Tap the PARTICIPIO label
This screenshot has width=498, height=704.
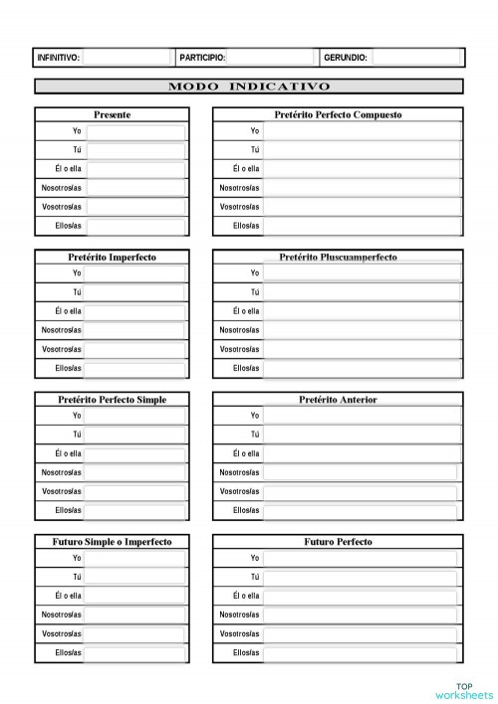[x=202, y=58]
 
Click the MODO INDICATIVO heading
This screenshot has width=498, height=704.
[x=249, y=87]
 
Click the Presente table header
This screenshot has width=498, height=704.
[x=112, y=115]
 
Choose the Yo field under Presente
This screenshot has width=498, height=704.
[x=135, y=131]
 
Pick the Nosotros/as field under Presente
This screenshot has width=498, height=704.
[x=135, y=188]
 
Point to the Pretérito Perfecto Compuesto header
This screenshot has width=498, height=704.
[x=339, y=115]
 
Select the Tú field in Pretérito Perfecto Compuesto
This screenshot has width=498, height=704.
[x=362, y=150]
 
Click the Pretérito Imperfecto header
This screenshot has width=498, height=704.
[x=112, y=258]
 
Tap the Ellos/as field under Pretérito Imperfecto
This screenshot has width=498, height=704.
[x=135, y=369]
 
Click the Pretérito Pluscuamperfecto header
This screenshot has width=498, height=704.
[x=339, y=258]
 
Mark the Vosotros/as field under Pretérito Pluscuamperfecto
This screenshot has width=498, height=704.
[x=362, y=349]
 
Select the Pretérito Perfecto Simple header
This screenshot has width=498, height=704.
[x=112, y=400]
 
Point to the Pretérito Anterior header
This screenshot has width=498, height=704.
[x=339, y=400]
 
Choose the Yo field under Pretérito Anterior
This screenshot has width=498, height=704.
[x=362, y=416]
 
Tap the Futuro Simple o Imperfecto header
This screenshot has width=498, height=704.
[x=112, y=542]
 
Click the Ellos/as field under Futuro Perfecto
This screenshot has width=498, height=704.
[x=362, y=653]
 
